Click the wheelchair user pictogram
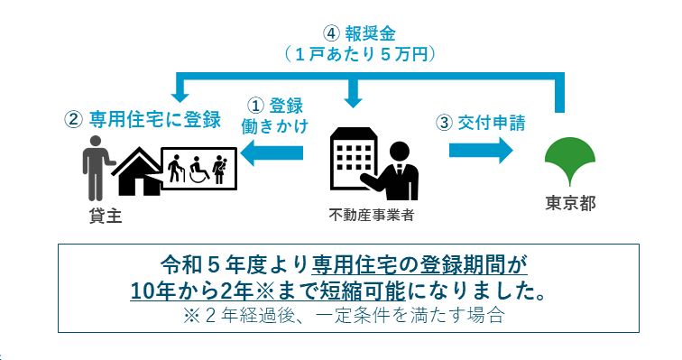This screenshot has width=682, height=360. [198, 169]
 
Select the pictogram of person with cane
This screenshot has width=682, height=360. [177, 169]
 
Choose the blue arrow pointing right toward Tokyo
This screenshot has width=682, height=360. [479, 151]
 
